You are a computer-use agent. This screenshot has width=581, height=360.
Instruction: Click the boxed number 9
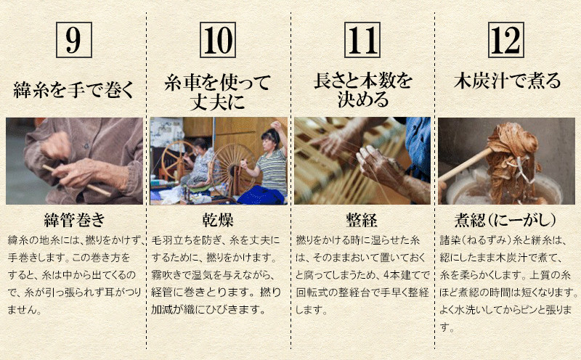[74, 40]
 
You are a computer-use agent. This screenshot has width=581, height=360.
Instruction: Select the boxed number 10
[218, 40]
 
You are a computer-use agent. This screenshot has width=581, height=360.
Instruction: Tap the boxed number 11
[362, 40]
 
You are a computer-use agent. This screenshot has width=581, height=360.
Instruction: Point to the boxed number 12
[505, 40]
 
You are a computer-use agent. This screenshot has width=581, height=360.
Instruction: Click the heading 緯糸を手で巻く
[73, 90]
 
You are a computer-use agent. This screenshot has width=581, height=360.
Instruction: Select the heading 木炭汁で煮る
[507, 81]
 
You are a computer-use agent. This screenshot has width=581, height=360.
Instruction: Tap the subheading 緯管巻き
[74, 220]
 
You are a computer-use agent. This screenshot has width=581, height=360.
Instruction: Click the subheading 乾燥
[218, 220]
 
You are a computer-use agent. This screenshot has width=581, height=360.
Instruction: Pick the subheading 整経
[362, 220]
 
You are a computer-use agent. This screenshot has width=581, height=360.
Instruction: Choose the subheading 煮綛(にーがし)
[505, 220]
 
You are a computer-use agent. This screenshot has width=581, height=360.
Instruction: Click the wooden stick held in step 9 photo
[76, 181]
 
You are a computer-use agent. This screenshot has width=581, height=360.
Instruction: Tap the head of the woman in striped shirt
[271, 138]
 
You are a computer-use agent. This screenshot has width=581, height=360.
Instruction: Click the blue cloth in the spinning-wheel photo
[261, 195]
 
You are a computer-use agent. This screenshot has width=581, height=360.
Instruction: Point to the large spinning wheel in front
[232, 165]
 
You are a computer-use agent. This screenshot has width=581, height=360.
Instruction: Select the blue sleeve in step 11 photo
[418, 147]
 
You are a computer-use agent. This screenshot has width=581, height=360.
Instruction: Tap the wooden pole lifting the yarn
[466, 165]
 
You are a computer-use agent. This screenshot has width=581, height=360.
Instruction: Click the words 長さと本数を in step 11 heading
[362, 81]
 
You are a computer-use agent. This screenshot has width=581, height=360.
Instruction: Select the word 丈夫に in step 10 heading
[217, 101]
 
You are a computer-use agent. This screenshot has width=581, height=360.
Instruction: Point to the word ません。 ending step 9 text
[25, 310]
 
